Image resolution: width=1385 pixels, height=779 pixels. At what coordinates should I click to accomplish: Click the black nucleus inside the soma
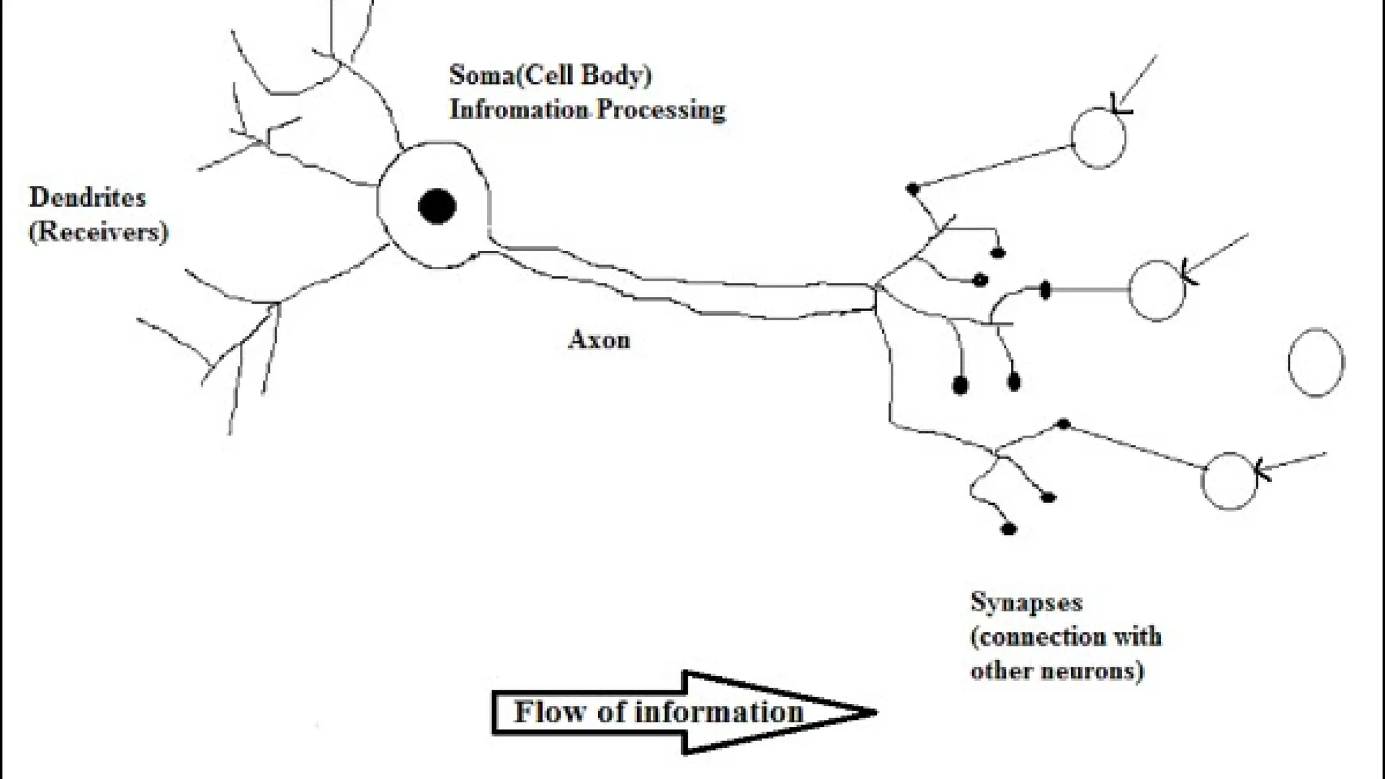pos(437,206)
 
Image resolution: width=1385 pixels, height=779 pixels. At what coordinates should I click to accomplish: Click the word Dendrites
pos(87,197)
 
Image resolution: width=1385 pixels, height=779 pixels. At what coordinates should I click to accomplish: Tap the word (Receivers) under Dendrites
pos(98,232)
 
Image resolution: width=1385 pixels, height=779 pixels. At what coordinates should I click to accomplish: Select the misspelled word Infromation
pos(519,110)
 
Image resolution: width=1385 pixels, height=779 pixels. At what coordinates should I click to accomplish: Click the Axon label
pos(599,339)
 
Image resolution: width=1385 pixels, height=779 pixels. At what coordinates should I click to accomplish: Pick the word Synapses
pos(1026,602)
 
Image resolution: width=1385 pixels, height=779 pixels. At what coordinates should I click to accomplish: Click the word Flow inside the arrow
pos(548,711)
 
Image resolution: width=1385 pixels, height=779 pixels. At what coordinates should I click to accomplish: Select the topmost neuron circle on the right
pos(1098,137)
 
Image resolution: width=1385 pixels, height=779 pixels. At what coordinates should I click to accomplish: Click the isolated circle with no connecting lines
pos(1316,362)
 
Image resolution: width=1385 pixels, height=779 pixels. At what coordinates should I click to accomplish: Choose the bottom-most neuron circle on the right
pos(1229,480)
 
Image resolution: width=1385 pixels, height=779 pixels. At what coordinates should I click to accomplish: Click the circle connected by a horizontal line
pos(1157,290)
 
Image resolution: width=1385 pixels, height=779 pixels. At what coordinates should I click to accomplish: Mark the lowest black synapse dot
pos(1008,529)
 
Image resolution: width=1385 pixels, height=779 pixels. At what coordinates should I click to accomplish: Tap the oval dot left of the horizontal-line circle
pos(1045,290)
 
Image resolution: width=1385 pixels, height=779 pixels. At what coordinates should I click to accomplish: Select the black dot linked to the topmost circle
pos(913,189)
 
